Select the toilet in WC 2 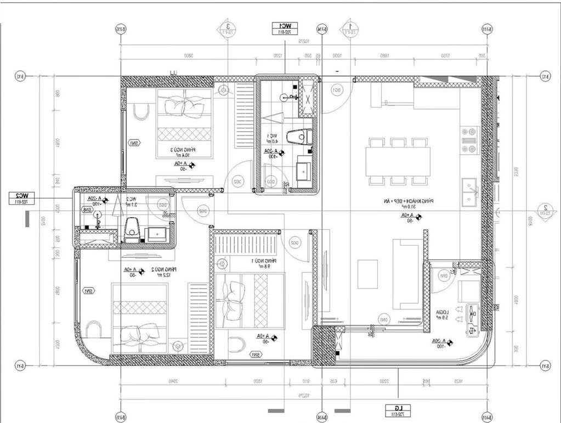pyautogui.click(x=132, y=230)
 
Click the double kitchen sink pyautogui.click(x=469, y=191)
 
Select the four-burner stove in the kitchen pyautogui.click(x=469, y=140)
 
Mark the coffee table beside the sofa pyautogui.click(x=367, y=274)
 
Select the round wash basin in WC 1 pyautogui.click(x=284, y=98)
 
